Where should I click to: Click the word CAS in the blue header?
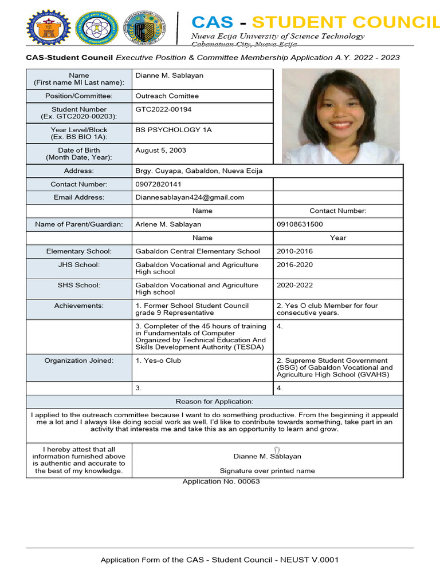(x=213, y=22)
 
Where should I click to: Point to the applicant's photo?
(x=341, y=116)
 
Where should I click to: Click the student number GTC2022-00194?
(x=163, y=109)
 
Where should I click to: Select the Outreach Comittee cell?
(x=167, y=96)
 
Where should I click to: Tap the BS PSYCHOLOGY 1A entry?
(x=173, y=130)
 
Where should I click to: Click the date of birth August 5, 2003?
(x=160, y=151)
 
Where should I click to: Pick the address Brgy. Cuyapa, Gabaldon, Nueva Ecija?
(x=199, y=171)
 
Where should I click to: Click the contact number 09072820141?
(x=158, y=184)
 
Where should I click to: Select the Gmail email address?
(x=190, y=197)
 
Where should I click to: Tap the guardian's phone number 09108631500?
(x=300, y=224)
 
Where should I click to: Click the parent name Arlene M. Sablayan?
(x=168, y=224)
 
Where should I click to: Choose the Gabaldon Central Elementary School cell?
(x=197, y=251)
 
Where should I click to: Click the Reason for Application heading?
(x=214, y=402)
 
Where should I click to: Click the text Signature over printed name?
(x=267, y=471)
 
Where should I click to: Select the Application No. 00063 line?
(x=221, y=481)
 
